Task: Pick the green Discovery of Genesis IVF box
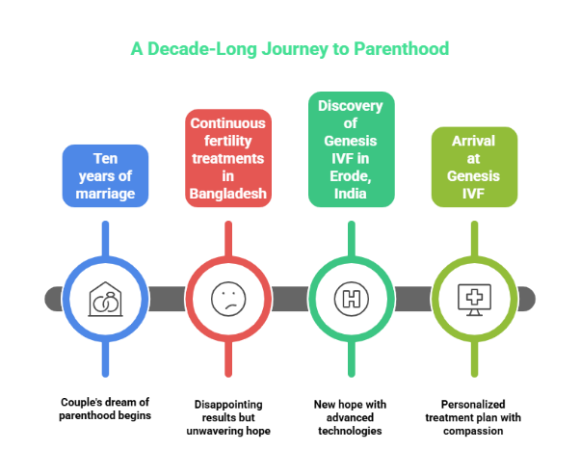click(x=351, y=148)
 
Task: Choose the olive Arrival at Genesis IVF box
click(x=474, y=167)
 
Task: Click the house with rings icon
click(x=105, y=299)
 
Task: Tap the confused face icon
click(x=228, y=299)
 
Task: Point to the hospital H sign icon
click(x=351, y=299)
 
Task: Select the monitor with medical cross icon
click(x=474, y=299)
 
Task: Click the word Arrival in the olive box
click(x=474, y=141)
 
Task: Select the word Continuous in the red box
click(x=228, y=123)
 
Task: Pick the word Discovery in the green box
click(x=351, y=105)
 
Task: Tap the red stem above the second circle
click(x=228, y=239)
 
